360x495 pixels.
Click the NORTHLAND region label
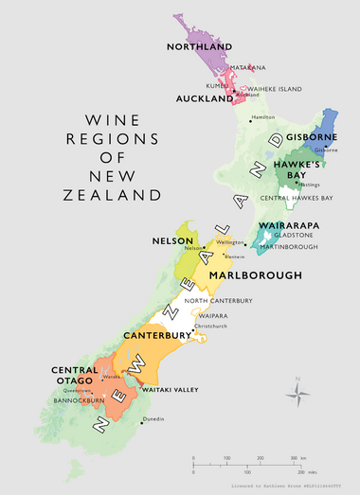coord(199,47)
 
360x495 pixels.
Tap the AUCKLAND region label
coord(202,97)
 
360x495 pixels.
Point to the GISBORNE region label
coord(312,137)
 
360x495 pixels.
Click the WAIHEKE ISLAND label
coord(275,89)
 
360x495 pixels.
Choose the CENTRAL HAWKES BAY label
coord(296,197)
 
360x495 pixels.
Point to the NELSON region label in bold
coord(173,241)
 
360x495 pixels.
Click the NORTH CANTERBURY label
coord(219,301)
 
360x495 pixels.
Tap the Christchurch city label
coord(212,327)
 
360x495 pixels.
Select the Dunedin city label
coord(153,418)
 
